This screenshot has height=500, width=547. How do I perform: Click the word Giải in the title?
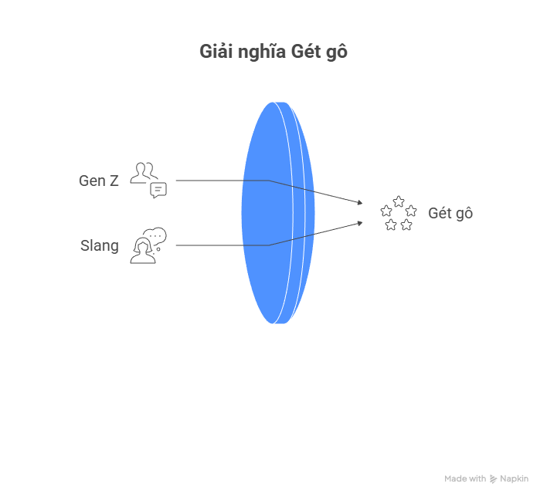[x=216, y=52]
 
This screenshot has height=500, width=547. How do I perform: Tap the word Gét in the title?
[x=308, y=52]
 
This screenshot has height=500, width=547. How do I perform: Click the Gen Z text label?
[x=99, y=181]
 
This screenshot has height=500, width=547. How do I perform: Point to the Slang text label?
[x=100, y=246]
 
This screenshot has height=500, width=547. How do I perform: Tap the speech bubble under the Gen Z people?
[x=158, y=190]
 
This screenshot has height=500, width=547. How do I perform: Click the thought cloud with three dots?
[x=157, y=235]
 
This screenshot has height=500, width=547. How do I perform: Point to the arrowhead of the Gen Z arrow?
[x=359, y=203]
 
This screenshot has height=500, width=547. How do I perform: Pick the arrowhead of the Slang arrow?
[x=359, y=222]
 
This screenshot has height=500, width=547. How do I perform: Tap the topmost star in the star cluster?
[x=399, y=201]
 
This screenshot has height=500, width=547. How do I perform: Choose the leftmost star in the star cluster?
[x=386, y=211]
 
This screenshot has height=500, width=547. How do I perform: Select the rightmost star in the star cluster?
[x=411, y=211]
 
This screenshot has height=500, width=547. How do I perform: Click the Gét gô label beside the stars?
[x=450, y=213]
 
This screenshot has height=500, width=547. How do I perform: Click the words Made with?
[x=465, y=479]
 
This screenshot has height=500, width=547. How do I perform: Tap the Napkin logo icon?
[x=493, y=479]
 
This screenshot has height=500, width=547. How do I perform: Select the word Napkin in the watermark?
[x=514, y=479]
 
